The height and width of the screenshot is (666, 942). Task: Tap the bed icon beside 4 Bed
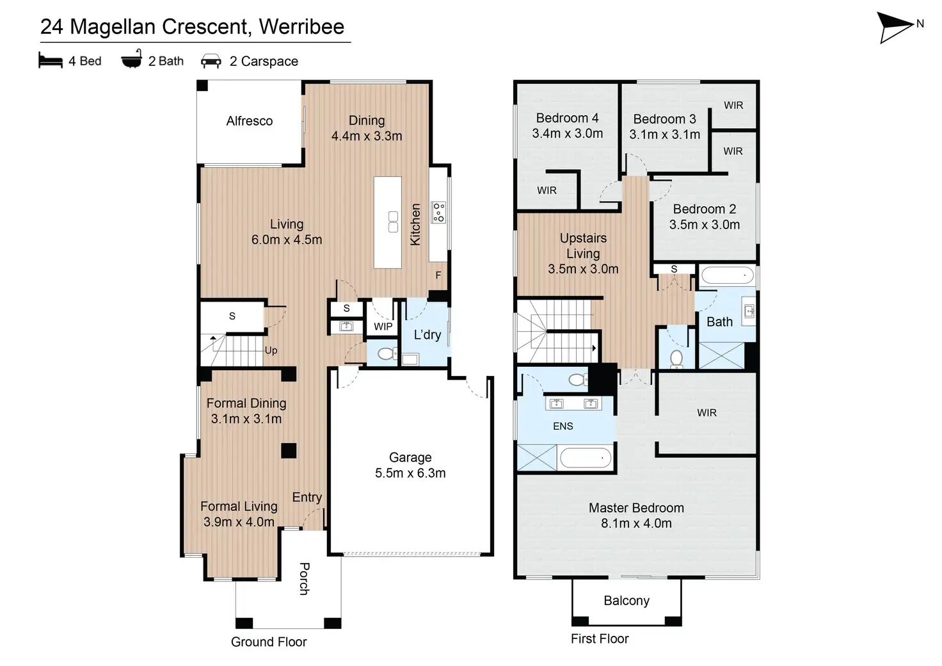[x=51, y=60]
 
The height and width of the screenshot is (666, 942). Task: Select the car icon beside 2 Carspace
[x=211, y=61]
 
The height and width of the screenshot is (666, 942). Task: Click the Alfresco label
[x=250, y=121]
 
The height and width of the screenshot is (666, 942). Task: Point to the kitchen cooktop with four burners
[x=438, y=212]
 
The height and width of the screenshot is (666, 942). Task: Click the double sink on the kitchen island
[x=393, y=222]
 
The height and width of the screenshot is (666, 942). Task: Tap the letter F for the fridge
[x=438, y=275]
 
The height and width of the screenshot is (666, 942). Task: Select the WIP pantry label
[x=383, y=327]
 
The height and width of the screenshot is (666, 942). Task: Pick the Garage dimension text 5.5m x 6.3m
[x=410, y=473]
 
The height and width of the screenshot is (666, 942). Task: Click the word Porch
[x=305, y=579]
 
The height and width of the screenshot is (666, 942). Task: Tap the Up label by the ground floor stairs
[x=271, y=350]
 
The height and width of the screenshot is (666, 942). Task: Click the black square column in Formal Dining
[x=289, y=451]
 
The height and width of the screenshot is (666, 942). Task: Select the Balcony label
[x=627, y=601]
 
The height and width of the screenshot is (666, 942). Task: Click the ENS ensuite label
[x=563, y=426]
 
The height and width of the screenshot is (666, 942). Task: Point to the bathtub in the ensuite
[x=586, y=458]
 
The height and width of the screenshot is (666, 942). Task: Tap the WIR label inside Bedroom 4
[x=547, y=191]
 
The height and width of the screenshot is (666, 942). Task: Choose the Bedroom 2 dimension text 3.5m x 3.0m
[x=705, y=225]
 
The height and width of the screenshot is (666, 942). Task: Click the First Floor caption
[x=600, y=638]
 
